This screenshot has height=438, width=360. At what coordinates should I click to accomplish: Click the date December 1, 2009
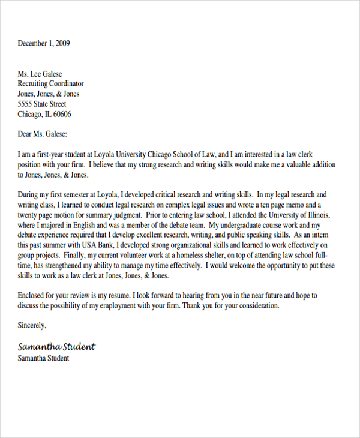(x=44, y=43)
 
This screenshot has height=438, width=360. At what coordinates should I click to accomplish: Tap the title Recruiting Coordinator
(x=50, y=84)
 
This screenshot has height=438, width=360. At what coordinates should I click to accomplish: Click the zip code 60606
(x=61, y=115)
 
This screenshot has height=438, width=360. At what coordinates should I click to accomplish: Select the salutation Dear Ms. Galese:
(x=43, y=134)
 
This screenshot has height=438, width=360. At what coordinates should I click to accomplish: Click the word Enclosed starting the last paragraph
(x=34, y=296)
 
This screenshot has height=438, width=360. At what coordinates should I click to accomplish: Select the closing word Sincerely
(x=32, y=326)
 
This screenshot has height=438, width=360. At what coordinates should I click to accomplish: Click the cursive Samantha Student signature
(x=56, y=347)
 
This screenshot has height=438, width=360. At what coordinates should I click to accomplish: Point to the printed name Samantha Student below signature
(x=43, y=358)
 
